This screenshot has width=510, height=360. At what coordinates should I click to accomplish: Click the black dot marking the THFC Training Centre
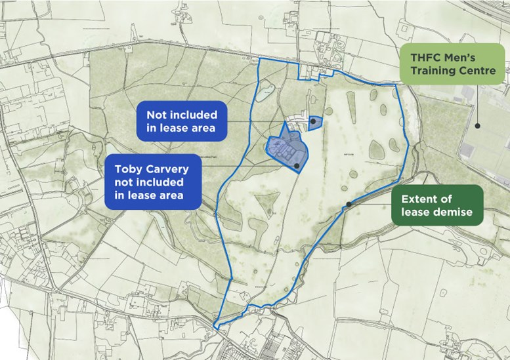pos(478,125)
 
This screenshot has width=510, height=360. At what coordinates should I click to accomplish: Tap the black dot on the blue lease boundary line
pos(349,204)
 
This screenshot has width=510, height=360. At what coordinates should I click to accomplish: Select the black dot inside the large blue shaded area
pos(297,167)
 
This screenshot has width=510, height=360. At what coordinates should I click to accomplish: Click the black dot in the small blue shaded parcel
pos(314,121)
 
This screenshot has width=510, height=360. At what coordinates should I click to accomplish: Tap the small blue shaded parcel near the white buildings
pos(316,124)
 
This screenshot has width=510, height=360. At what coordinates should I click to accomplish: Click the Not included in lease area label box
pos(181,121)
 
